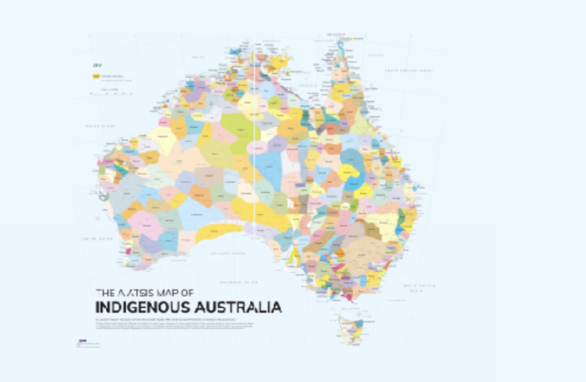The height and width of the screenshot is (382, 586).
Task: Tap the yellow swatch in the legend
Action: click(x=96, y=76)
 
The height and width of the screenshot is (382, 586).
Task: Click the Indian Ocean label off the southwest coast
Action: click(x=96, y=237)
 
